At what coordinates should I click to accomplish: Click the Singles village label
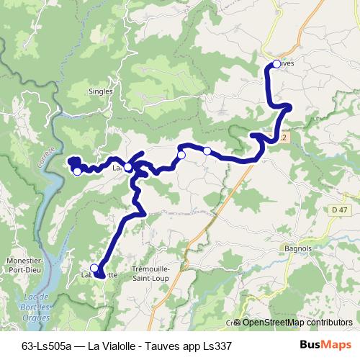100,91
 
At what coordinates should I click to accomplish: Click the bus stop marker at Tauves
276,64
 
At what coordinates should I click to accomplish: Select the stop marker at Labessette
94,268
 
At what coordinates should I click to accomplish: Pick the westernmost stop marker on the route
77,171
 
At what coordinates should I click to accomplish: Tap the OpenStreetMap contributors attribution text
297,323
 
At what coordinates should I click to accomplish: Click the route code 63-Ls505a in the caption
50,346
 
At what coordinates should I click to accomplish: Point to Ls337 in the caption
216,346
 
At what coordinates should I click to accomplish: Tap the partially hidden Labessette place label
99,274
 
